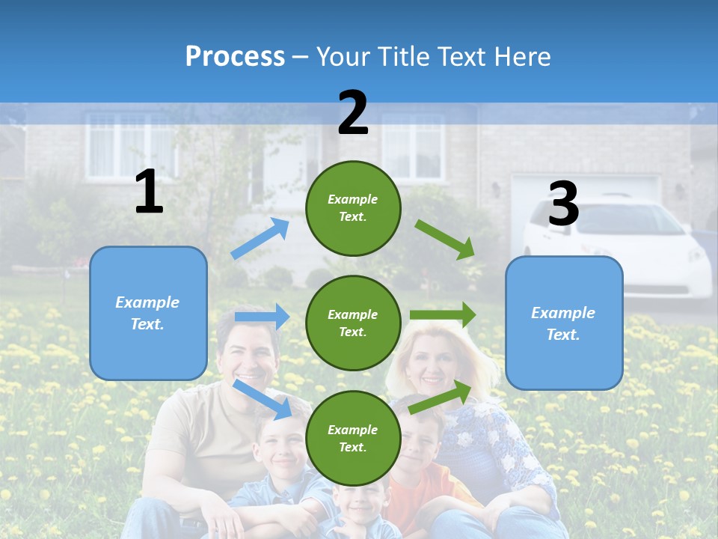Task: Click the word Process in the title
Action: pos(235,56)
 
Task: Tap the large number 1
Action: pos(149,192)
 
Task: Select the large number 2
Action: pos(353,113)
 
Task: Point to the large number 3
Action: pos(563,204)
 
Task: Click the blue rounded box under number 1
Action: pos(148,313)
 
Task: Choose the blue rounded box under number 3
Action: pos(564,323)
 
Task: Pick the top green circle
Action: pos(353,208)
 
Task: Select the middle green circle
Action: pos(353,323)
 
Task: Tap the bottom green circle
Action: pos(353,438)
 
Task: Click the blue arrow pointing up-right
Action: pos(260,239)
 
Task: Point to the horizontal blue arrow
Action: pos(262,317)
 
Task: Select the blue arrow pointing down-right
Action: pos(263,399)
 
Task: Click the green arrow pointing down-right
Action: pos(445,239)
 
